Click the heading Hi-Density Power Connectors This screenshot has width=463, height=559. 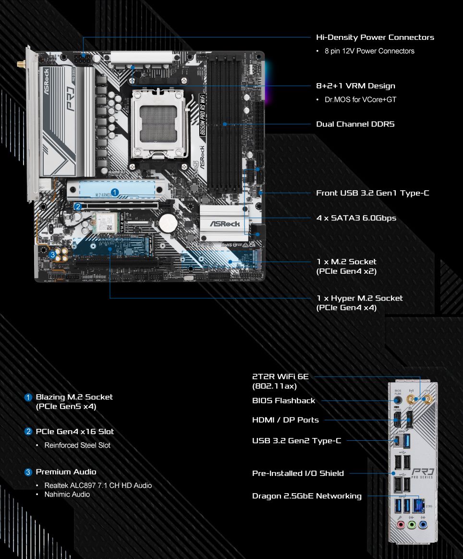point(375,37)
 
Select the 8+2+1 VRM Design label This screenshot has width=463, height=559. point(355,86)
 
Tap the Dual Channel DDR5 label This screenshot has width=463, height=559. point(355,124)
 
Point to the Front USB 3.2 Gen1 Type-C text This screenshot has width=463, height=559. point(372,193)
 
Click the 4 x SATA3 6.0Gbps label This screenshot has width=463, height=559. point(356,218)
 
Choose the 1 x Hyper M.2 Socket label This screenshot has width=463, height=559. point(359,298)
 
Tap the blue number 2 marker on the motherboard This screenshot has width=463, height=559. point(78,207)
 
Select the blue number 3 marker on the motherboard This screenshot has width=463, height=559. point(52,254)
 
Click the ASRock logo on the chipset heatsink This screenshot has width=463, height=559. point(224,224)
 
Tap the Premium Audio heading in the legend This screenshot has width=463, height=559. point(66,472)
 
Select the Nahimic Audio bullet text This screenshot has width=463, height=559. point(67,494)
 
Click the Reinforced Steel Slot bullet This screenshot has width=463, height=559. point(77,445)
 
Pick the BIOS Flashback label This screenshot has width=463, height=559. point(283,401)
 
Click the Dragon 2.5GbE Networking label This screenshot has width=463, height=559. point(306,496)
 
